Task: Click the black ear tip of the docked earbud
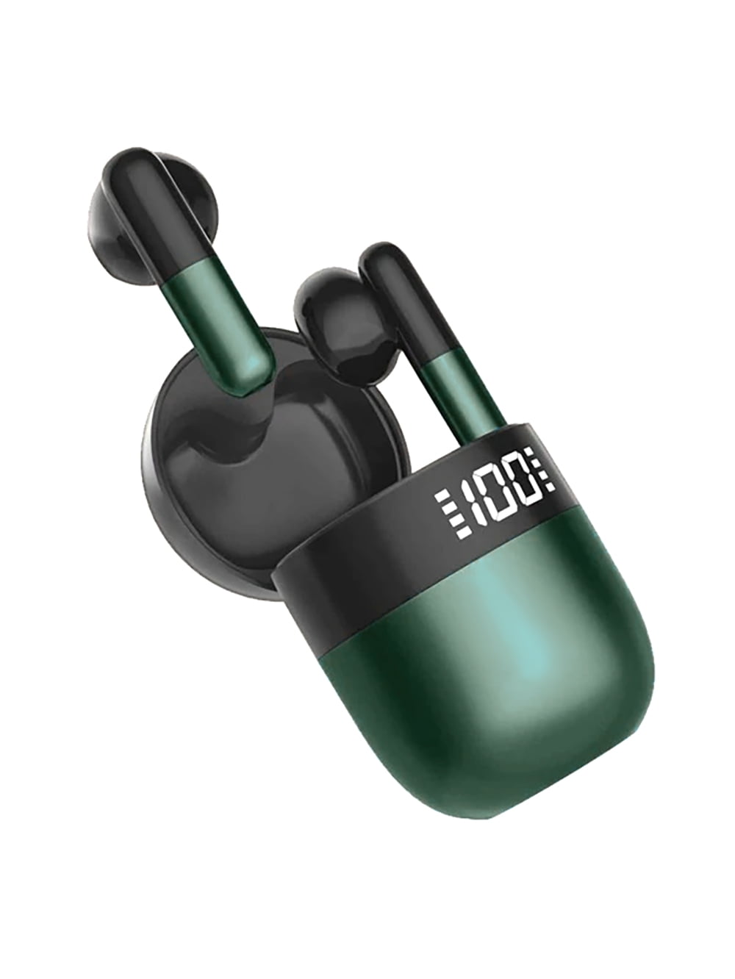327,308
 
